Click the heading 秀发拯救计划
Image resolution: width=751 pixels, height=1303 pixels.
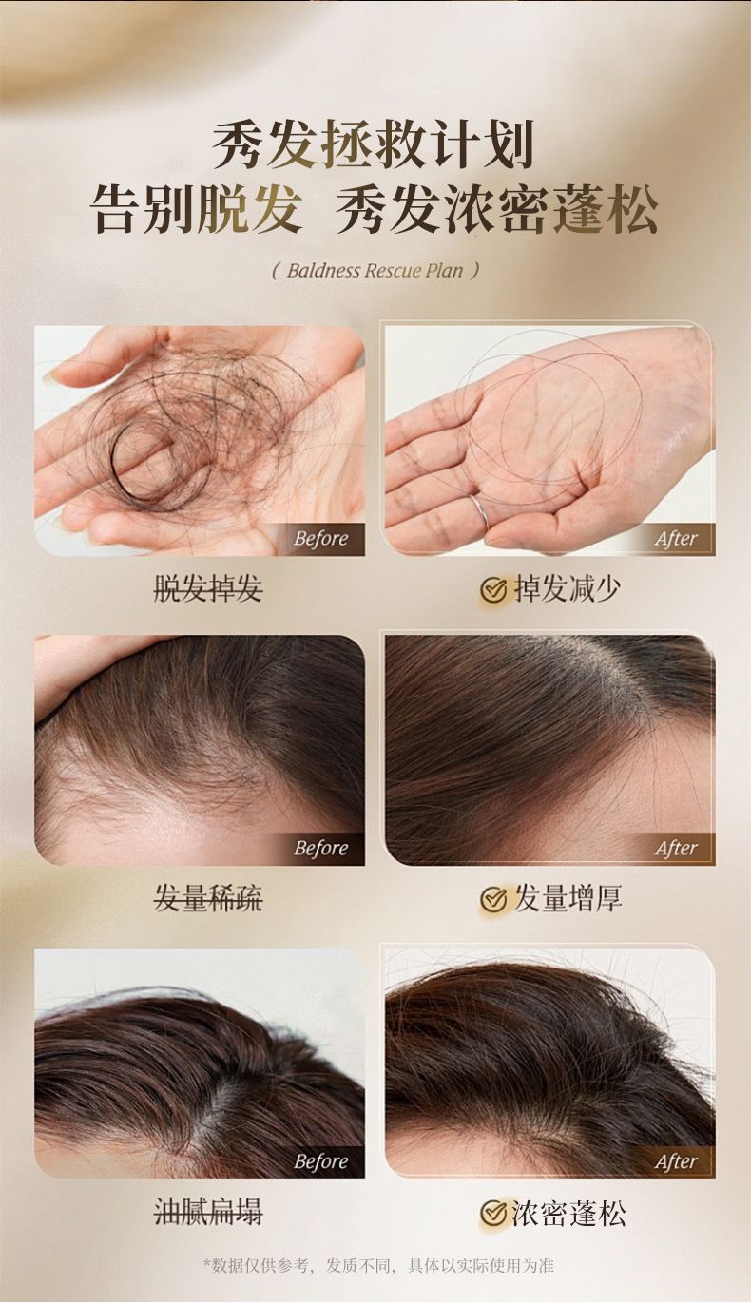coord(373,145)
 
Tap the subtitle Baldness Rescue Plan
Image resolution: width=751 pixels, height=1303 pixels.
coord(375,271)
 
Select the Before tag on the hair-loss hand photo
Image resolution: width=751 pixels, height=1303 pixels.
coord(320,539)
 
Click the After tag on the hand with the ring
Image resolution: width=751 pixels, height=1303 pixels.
coord(676,539)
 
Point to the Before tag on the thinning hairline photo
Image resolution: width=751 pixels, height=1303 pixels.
coord(320,848)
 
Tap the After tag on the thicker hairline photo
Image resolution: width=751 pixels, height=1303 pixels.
coord(676,848)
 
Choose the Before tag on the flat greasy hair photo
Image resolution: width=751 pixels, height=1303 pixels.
coord(320,1161)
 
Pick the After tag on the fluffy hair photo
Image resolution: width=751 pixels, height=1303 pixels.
coord(676,1161)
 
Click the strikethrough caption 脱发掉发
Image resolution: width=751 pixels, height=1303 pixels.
coord(207,589)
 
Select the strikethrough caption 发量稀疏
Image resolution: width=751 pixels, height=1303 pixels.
coord(207,899)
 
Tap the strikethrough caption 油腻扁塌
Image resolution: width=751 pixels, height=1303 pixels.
coord(207,1213)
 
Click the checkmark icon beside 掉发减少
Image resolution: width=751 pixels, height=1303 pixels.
coord(493,590)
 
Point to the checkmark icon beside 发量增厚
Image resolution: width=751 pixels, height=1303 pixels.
coord(493,899)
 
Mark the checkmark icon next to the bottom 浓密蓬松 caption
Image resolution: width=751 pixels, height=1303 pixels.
coord(493,1214)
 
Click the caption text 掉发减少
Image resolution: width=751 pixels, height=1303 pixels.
coord(568,589)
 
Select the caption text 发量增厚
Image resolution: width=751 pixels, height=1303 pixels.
coord(568,899)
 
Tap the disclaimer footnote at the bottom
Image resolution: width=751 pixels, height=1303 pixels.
coord(378,1266)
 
